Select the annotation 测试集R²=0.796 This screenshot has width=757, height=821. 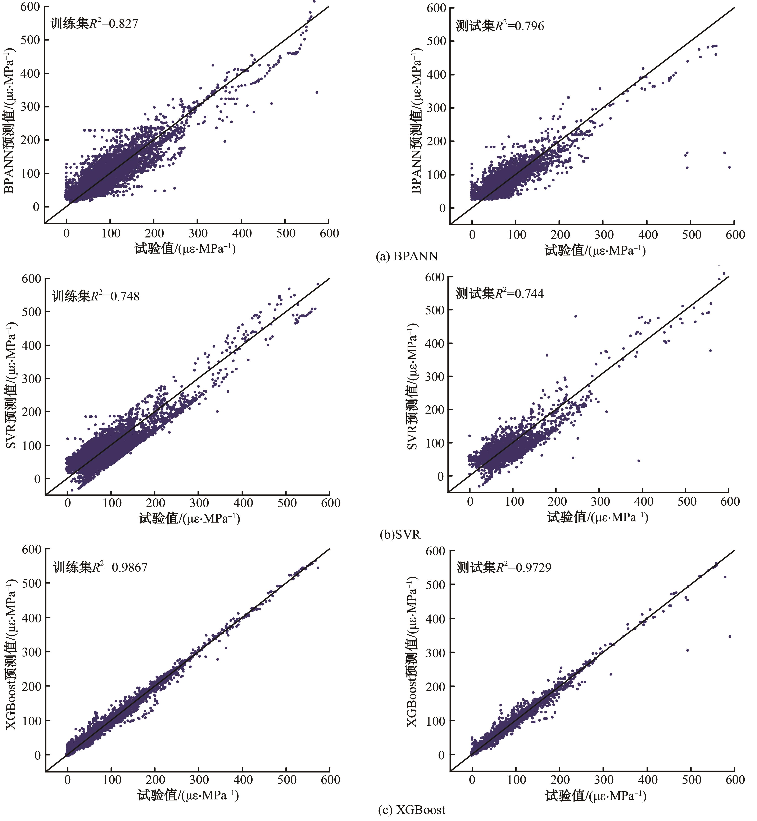[500, 26]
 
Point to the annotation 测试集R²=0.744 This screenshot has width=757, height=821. [500, 293]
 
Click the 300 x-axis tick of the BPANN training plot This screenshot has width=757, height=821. [198, 233]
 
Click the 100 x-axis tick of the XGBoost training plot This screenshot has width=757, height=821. [112, 780]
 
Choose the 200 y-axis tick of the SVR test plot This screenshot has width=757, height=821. [435, 410]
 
